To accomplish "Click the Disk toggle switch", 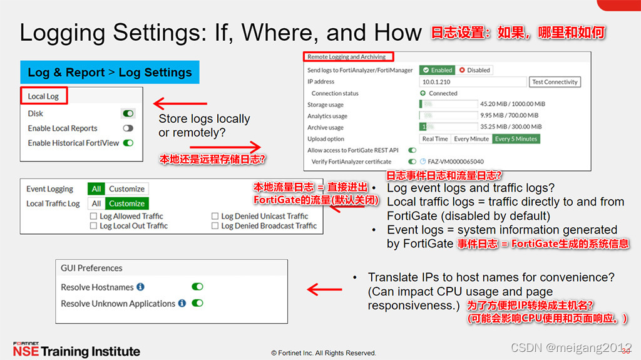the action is pyautogui.click(x=128, y=114).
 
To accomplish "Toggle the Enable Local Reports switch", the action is pyautogui.click(x=128, y=128).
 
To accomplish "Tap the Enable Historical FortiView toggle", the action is pyautogui.click(x=128, y=143).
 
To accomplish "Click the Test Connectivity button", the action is pyautogui.click(x=555, y=82).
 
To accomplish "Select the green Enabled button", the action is pyautogui.click(x=437, y=70).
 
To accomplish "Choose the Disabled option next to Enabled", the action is pyautogui.click(x=474, y=70).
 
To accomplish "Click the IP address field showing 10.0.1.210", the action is pyautogui.click(x=473, y=82).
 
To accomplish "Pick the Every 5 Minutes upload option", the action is pyautogui.click(x=516, y=139).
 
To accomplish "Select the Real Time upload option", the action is pyautogui.click(x=435, y=139).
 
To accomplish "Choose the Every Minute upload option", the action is pyautogui.click(x=471, y=139).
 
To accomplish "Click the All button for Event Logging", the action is pyautogui.click(x=96, y=189).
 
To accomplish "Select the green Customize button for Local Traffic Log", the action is pyautogui.click(x=126, y=203).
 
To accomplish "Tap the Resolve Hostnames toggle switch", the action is pyautogui.click(x=197, y=287).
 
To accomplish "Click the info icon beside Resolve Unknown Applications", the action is pyautogui.click(x=182, y=304).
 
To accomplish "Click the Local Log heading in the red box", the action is pyautogui.click(x=43, y=96).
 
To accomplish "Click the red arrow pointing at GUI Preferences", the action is pyautogui.click(x=323, y=290).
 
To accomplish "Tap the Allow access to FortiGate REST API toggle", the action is pyautogui.click(x=412, y=150).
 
